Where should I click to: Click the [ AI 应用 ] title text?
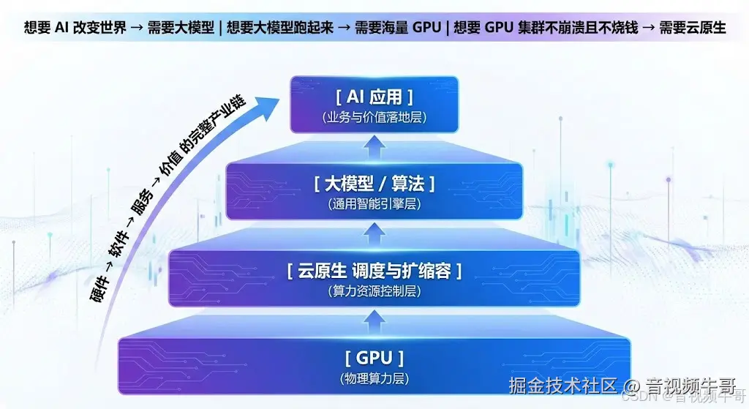(x=374, y=97)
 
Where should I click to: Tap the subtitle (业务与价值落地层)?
(x=374, y=117)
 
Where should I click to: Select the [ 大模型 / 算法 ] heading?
(x=374, y=183)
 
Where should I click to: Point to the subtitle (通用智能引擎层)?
(x=374, y=205)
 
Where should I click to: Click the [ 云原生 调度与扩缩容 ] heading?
(x=374, y=271)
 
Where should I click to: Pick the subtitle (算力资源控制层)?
(x=374, y=291)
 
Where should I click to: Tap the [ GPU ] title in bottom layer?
(x=374, y=358)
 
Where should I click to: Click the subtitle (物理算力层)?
(x=374, y=379)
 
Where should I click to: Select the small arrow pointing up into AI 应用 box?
(x=374, y=149)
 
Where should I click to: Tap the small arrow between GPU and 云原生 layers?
(x=374, y=319)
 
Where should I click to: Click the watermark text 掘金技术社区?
(x=564, y=384)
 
